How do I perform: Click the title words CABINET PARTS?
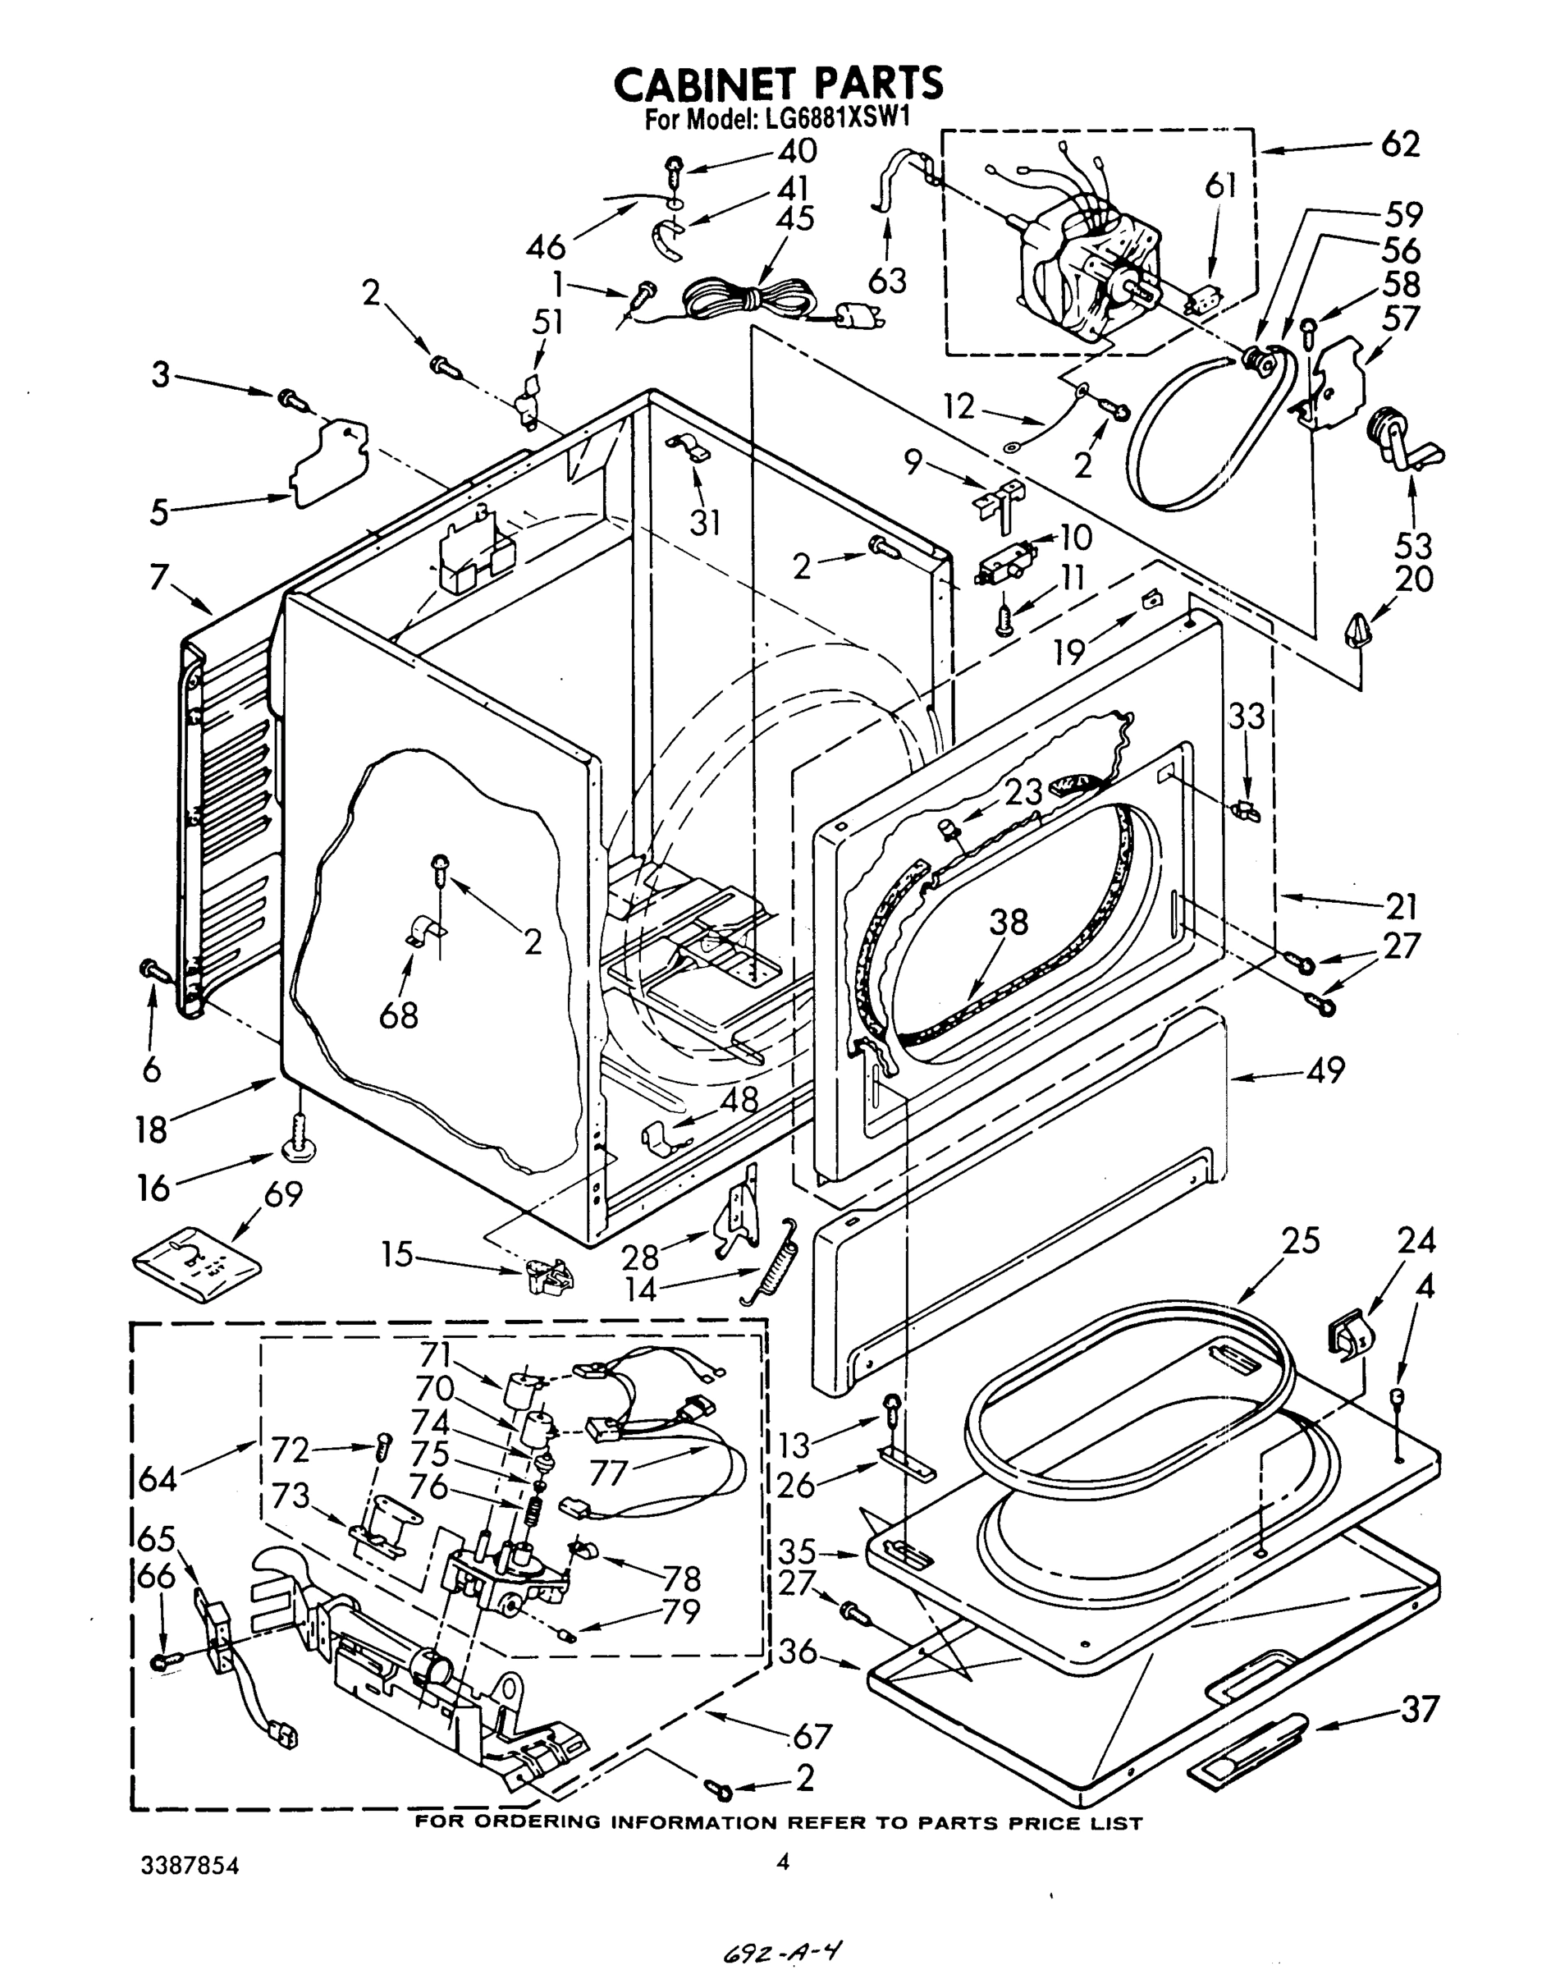pyautogui.click(x=778, y=84)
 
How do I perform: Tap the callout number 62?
pyautogui.click(x=1399, y=144)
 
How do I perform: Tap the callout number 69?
pyautogui.click(x=282, y=1194)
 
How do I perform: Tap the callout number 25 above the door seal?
pyautogui.click(x=1299, y=1239)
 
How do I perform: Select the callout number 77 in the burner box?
pyautogui.click(x=609, y=1472)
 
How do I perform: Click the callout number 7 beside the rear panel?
pyautogui.click(x=160, y=576)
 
